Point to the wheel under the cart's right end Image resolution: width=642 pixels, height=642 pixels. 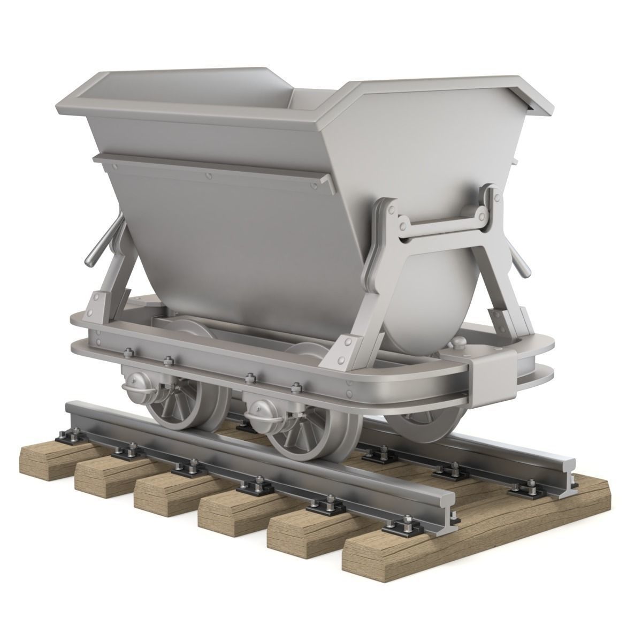(423, 423)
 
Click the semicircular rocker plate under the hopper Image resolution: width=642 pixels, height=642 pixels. (428, 300)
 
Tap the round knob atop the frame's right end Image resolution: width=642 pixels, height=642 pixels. (459, 343)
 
